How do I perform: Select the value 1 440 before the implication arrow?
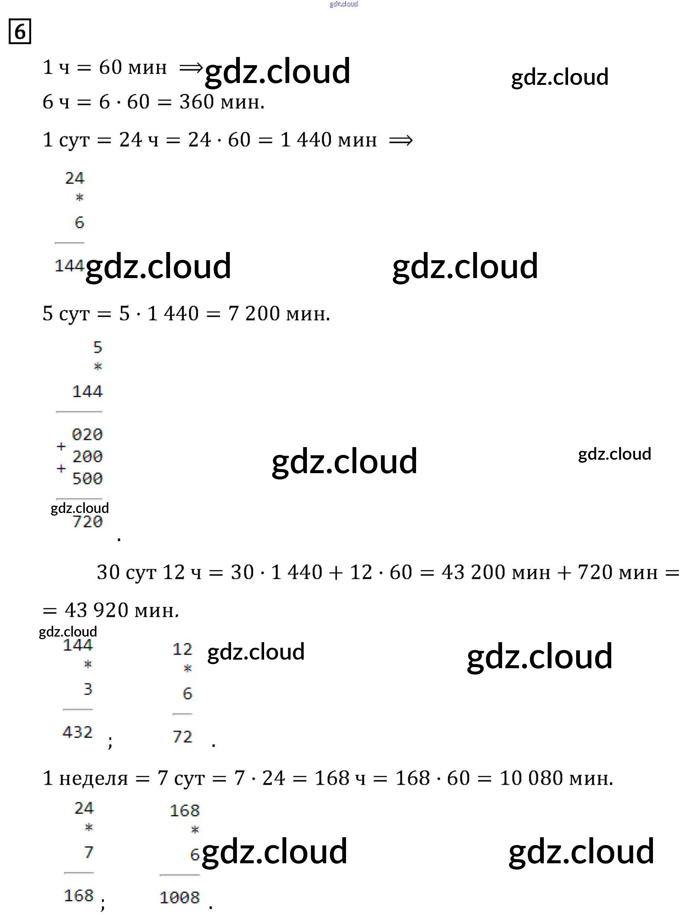(307, 140)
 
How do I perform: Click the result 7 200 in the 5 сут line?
(254, 313)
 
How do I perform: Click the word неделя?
(93, 778)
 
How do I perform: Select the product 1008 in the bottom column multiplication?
(180, 898)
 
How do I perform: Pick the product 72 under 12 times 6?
(182, 737)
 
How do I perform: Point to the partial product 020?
(87, 434)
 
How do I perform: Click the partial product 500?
(87, 478)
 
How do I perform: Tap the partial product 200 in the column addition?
(87, 456)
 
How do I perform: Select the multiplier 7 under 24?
(88, 852)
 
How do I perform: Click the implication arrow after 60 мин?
(191, 68)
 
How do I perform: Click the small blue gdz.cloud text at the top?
(343, 4)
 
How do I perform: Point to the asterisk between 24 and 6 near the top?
(79, 198)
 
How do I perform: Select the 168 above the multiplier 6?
(185, 810)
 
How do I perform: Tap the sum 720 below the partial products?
(87, 522)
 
